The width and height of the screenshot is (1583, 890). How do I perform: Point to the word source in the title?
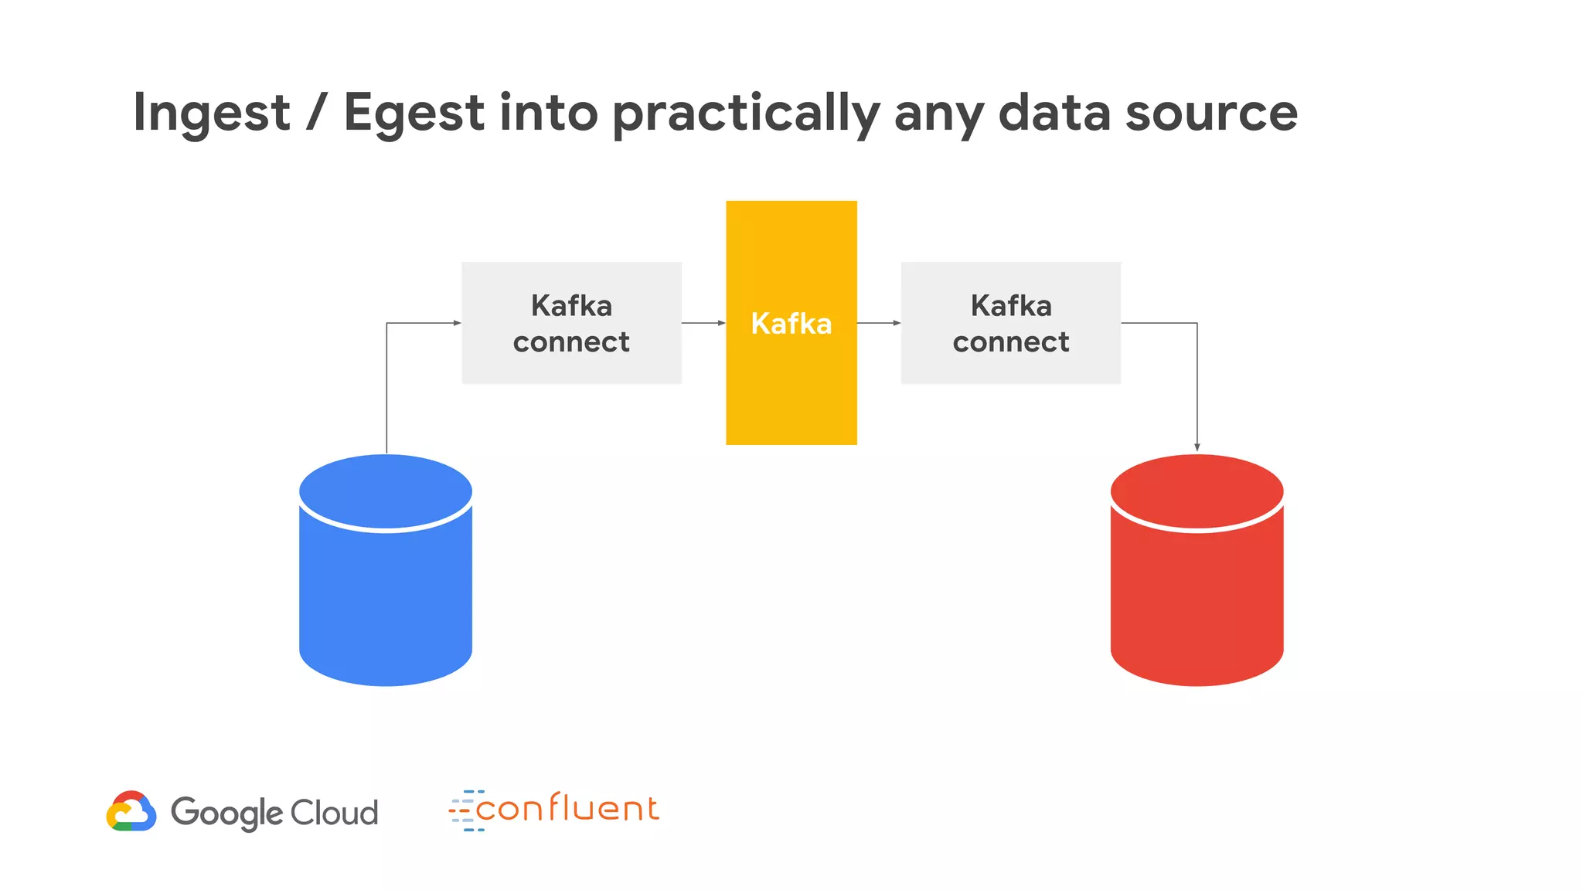tap(1211, 113)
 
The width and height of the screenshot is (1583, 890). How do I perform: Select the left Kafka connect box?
tap(571, 323)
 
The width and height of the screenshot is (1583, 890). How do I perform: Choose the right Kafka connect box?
tap(1010, 323)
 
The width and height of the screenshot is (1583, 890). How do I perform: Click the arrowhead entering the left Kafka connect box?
tap(457, 323)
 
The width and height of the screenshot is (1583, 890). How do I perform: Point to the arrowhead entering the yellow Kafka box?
tap(722, 323)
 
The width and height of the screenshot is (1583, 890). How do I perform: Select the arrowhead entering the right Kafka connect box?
tap(897, 323)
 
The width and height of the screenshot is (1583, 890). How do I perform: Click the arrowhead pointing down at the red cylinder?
tap(1197, 447)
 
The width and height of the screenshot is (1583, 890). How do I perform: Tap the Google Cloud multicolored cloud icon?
tap(131, 811)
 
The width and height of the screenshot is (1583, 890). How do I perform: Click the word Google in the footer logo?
tap(226, 813)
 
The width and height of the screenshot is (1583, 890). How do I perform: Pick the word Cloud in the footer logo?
tap(335, 813)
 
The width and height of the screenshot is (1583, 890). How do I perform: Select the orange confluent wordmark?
tap(567, 809)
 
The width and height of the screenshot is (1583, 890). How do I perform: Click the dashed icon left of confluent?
tap(466, 810)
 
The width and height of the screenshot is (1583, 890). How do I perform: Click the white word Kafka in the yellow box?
tap(791, 324)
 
